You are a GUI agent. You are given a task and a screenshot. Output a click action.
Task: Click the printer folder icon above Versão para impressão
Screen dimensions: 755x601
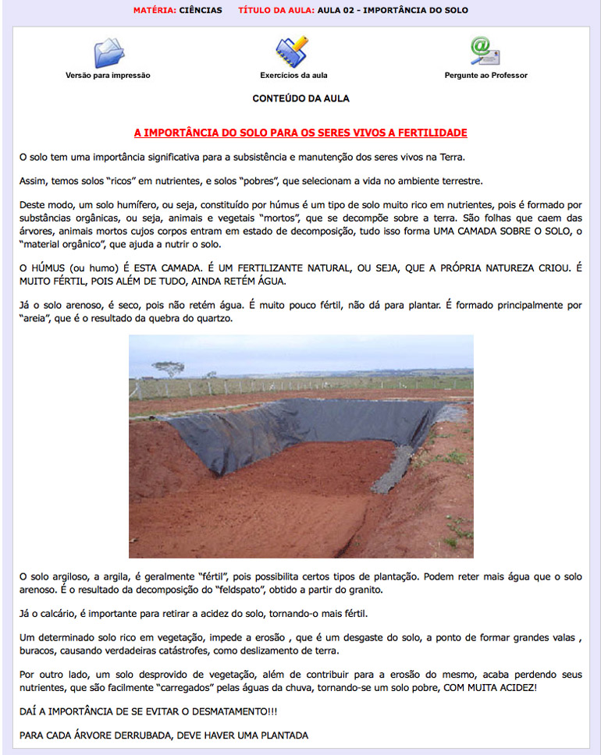click(x=108, y=52)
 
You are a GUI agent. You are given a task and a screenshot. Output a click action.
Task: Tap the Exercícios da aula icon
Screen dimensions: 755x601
click(x=292, y=51)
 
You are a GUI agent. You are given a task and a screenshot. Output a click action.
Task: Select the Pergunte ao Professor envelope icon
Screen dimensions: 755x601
click(x=485, y=51)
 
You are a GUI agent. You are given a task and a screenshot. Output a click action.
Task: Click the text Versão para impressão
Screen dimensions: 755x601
click(x=108, y=76)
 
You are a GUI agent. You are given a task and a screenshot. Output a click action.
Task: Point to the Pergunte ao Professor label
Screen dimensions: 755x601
click(x=485, y=76)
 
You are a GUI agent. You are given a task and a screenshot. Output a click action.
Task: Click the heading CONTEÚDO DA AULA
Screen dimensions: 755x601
click(x=300, y=99)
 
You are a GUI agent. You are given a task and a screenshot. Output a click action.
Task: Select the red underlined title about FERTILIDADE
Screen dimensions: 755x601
click(x=300, y=133)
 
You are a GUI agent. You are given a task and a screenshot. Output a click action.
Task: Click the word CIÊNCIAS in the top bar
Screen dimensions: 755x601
click(x=201, y=10)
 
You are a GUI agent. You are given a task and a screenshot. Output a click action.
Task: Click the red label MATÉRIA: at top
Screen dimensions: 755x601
click(x=155, y=10)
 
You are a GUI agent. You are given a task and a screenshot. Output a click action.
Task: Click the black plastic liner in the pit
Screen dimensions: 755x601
click(x=297, y=425)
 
